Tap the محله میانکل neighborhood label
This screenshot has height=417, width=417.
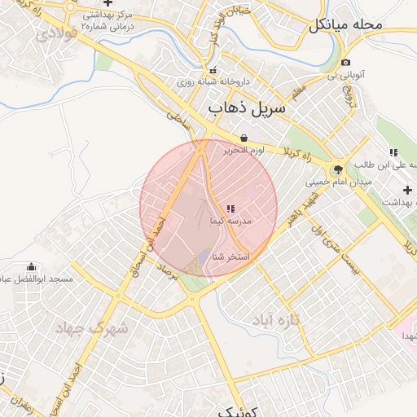point(345,24)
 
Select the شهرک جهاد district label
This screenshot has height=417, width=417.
point(92,328)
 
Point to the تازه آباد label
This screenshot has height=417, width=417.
point(276,319)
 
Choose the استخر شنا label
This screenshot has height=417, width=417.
point(230,257)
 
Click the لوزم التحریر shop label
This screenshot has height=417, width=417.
point(244,151)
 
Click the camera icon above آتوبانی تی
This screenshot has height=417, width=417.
point(346,63)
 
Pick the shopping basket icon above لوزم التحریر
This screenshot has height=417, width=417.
point(244,138)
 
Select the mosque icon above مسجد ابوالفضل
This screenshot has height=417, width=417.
point(32,266)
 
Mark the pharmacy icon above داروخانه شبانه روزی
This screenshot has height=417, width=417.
point(213,70)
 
